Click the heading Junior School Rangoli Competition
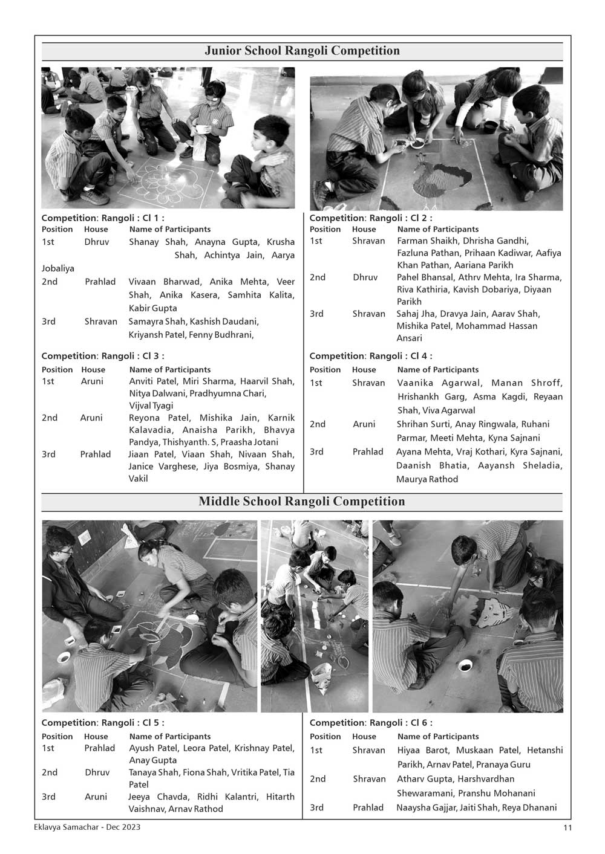pyautogui.click(x=302, y=51)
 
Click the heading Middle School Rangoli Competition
pyautogui.click(x=302, y=502)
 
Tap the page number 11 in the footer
pyautogui.click(x=567, y=828)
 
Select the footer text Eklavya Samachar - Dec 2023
pyautogui.click(x=88, y=827)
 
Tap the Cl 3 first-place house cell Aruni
pyautogui.click(x=92, y=381)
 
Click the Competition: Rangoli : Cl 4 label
pyautogui.click(x=371, y=356)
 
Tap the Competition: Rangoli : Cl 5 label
pyautogui.click(x=103, y=723)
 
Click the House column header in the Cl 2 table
pyautogui.click(x=364, y=229)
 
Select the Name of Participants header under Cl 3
pyautogui.click(x=170, y=369)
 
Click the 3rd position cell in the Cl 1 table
pyautogui.click(x=48, y=322)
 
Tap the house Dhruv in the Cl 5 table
pyautogui.click(x=97, y=772)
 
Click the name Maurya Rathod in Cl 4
pyautogui.click(x=427, y=479)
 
